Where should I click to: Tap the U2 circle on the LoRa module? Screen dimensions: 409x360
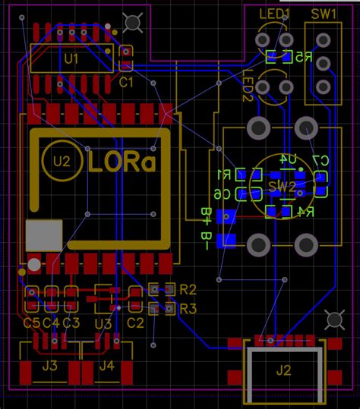coord(62,162)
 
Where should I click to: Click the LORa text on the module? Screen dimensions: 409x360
coord(122,162)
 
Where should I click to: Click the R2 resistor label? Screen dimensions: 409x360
coord(188,289)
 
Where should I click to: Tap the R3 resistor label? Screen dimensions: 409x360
coord(188,308)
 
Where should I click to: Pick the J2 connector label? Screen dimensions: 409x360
coord(283,370)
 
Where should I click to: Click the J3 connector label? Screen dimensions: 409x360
coord(50,366)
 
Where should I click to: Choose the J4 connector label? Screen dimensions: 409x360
coord(106,366)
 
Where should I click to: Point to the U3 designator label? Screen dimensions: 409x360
coord(103,324)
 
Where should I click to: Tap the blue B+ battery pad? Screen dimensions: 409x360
coord(226,217)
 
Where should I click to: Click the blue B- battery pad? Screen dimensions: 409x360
coord(226,242)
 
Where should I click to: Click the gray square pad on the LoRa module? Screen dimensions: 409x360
coord(44,236)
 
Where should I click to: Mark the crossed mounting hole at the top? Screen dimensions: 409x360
coord(134,23)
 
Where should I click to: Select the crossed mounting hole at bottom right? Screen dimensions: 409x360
coord(333,320)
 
